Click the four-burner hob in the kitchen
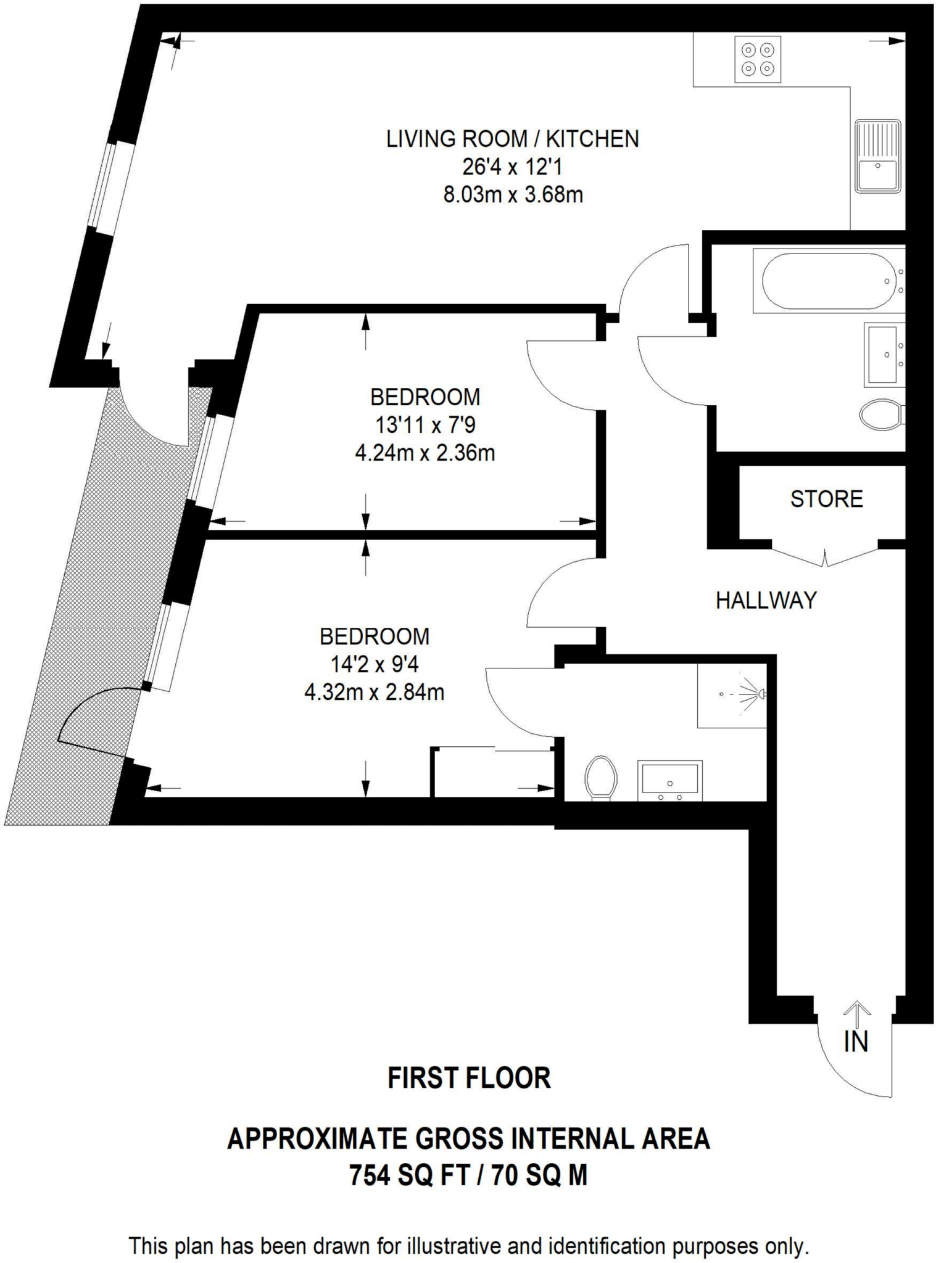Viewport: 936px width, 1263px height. click(758, 59)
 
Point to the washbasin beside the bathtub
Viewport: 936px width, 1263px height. click(885, 354)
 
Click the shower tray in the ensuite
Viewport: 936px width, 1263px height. click(732, 695)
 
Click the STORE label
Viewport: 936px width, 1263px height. click(826, 499)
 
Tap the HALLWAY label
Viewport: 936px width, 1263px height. click(766, 600)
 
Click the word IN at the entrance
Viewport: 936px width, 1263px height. click(856, 1042)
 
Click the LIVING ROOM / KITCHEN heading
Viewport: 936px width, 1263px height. click(512, 139)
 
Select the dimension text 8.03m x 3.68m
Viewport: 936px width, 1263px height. click(513, 195)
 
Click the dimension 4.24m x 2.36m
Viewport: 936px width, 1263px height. click(425, 453)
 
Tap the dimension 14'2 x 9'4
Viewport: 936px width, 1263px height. click(375, 664)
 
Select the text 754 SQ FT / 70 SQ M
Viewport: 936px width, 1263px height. click(468, 1175)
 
